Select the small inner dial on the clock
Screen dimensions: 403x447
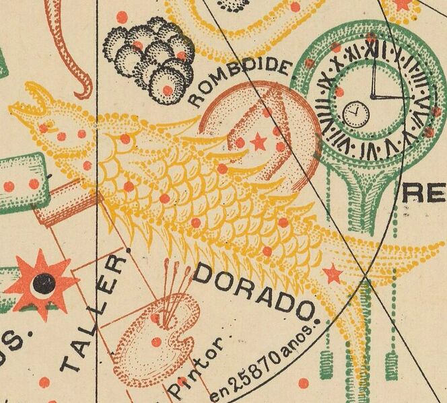click(x=355, y=114)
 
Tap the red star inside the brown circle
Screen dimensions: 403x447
click(x=258, y=141)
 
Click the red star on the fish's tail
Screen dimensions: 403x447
click(x=332, y=273)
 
